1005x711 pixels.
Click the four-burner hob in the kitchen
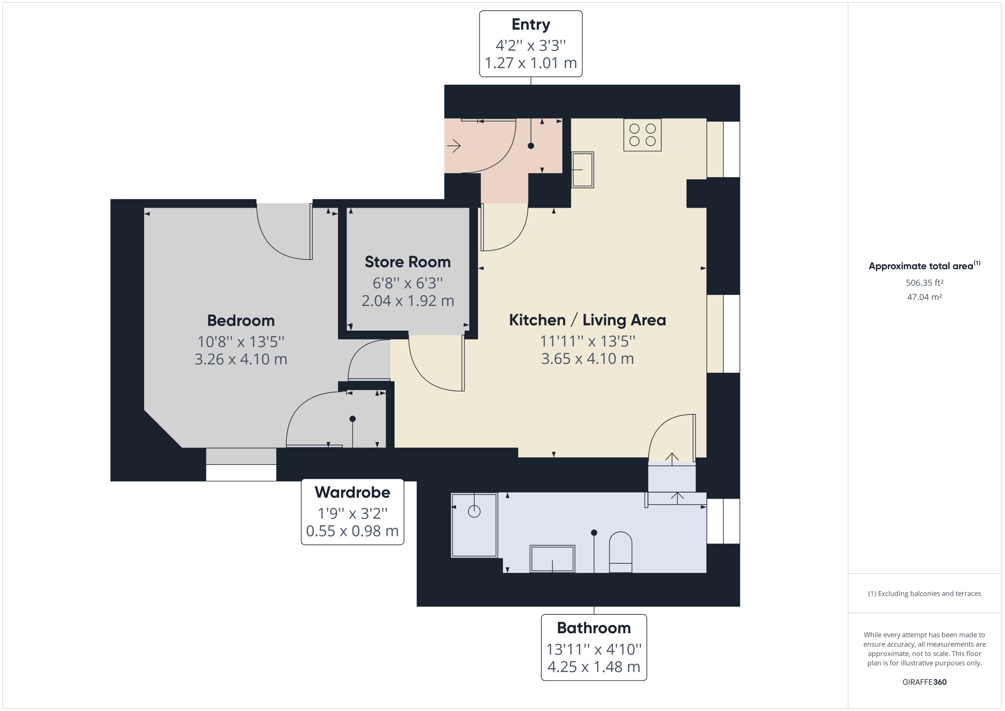642,135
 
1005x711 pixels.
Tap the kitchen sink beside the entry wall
582,170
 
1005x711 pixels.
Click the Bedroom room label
241,320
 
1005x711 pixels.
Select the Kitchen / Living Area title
587,320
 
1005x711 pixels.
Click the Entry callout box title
530,24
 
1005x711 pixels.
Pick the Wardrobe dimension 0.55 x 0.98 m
352,531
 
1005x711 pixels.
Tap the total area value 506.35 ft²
924,283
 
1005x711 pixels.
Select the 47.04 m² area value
924,297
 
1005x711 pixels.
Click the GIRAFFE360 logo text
924,682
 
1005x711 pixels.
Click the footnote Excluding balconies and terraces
924,594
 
